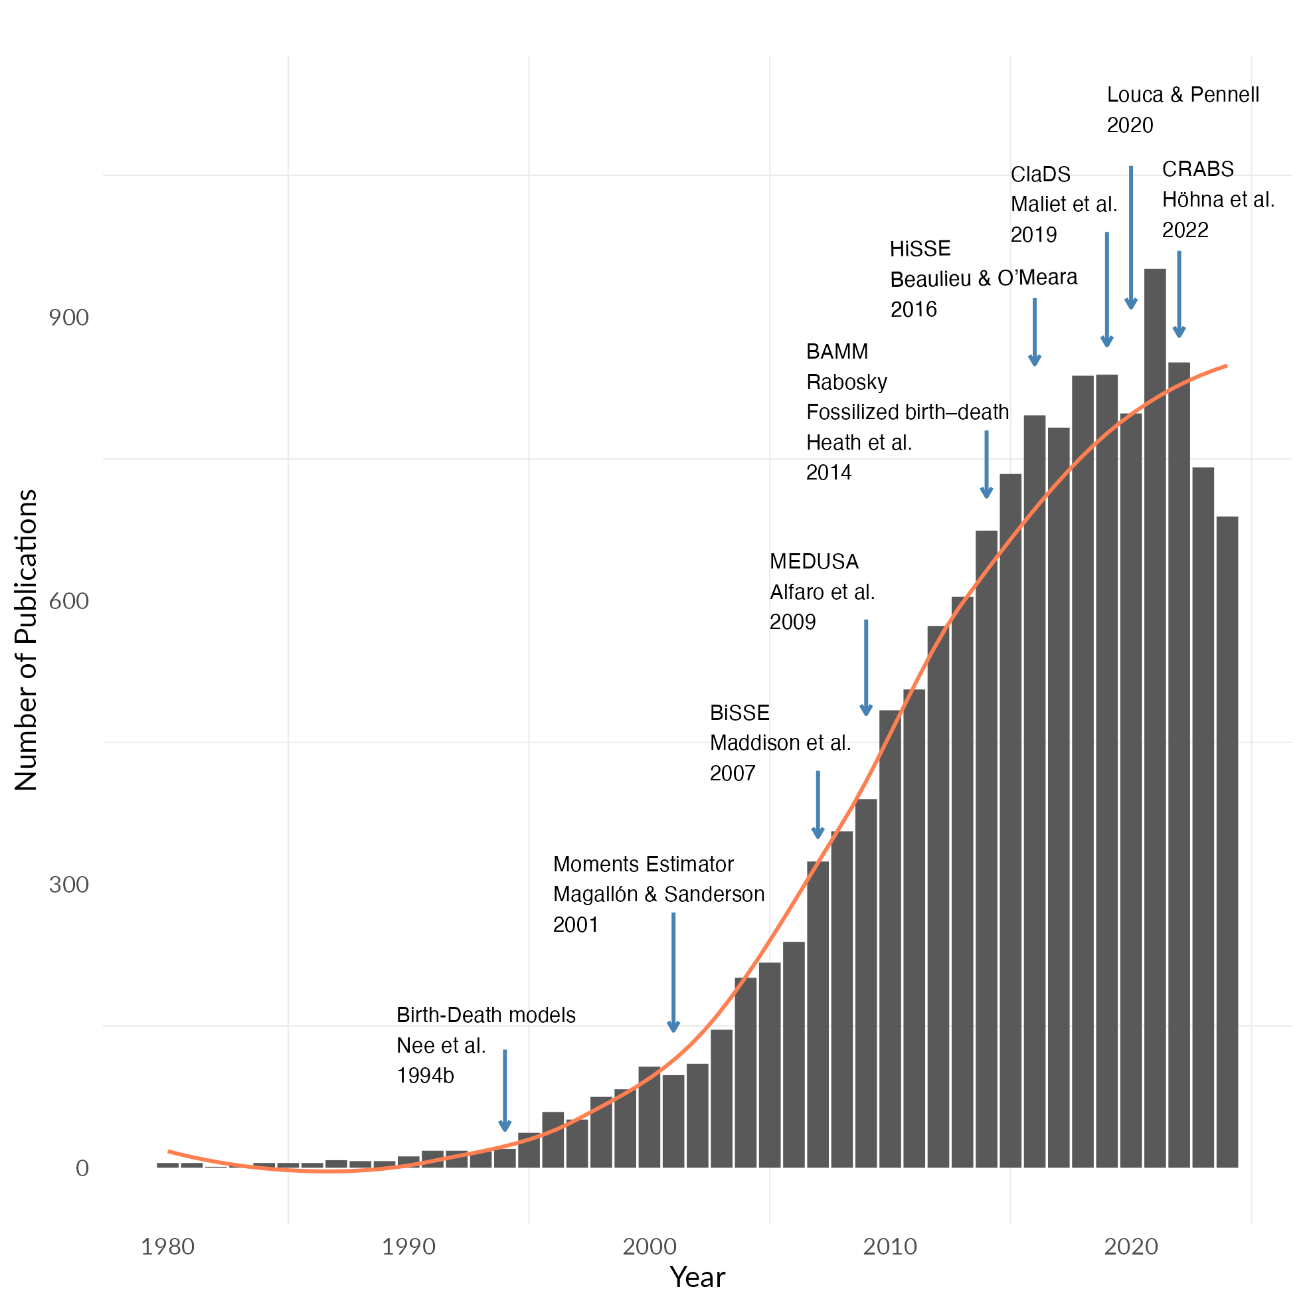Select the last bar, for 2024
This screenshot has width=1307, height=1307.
pyautogui.click(x=1227, y=839)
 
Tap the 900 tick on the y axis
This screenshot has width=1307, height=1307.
pyautogui.click(x=69, y=318)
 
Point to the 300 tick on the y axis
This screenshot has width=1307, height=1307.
pyautogui.click(x=69, y=884)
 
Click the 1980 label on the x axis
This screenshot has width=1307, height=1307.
pyautogui.click(x=167, y=1246)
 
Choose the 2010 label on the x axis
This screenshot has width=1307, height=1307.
pyautogui.click(x=890, y=1246)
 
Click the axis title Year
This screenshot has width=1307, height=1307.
pyautogui.click(x=697, y=1277)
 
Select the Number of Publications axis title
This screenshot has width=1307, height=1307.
pyautogui.click(x=27, y=640)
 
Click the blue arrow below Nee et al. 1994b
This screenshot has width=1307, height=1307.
pyautogui.click(x=505, y=1090)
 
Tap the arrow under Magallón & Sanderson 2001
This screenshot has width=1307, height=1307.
pyautogui.click(x=673, y=972)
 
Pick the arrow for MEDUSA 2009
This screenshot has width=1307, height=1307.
pyautogui.click(x=866, y=667)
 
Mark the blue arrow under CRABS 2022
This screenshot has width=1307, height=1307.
pyautogui.click(x=1179, y=294)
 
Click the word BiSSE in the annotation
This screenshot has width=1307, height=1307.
pyautogui.click(x=739, y=713)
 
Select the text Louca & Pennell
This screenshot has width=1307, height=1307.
pyautogui.click(x=1183, y=95)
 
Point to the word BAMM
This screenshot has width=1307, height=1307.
pyautogui.click(x=837, y=352)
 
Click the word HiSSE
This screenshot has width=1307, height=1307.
pyautogui.click(x=920, y=249)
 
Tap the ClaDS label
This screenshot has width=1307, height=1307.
pyautogui.click(x=1041, y=175)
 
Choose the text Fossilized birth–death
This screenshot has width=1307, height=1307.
pyautogui.click(x=907, y=412)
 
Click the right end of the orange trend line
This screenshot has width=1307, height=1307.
pyautogui.click(x=1226, y=366)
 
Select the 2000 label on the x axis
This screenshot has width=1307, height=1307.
pyautogui.click(x=650, y=1246)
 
